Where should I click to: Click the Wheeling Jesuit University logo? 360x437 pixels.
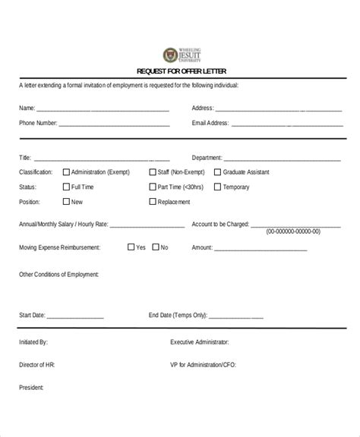click(x=179, y=55)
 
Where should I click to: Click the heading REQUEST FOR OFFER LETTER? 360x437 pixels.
click(x=181, y=71)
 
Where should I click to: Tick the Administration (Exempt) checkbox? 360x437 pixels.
click(x=66, y=172)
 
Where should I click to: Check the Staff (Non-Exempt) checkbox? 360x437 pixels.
click(x=153, y=172)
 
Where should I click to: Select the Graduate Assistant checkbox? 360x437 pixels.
click(x=218, y=172)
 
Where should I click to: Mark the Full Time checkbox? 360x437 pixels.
click(x=66, y=187)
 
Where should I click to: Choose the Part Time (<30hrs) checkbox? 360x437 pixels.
click(x=153, y=187)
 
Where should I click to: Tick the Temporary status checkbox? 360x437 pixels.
click(x=218, y=187)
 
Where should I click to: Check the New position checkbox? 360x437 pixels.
click(x=66, y=202)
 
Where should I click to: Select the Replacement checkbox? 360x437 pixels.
click(x=153, y=202)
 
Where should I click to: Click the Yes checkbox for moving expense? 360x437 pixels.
click(x=131, y=247)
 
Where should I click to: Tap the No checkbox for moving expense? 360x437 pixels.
click(x=156, y=247)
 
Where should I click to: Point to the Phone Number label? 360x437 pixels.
click(x=37, y=122)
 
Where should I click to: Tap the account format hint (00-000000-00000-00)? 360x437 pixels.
click(x=293, y=231)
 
